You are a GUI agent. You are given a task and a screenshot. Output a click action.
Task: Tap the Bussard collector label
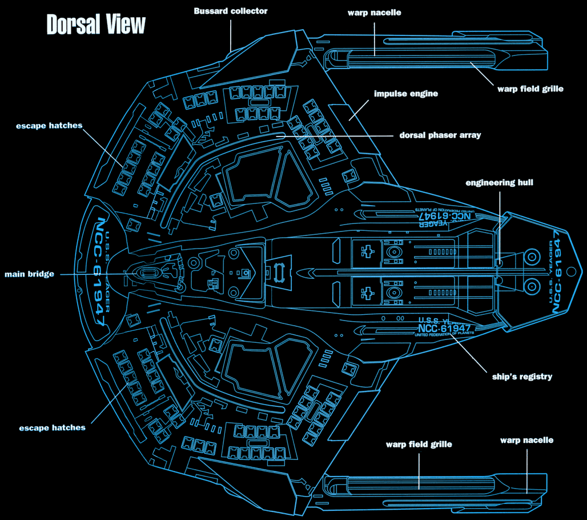click(230, 11)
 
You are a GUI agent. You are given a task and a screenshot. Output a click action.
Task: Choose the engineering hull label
click(499, 183)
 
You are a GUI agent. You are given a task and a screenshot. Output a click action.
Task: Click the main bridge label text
click(29, 274)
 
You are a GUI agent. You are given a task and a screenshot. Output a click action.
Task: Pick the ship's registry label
click(522, 377)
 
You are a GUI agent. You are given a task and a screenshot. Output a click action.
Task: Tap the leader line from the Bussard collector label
click(231, 34)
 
